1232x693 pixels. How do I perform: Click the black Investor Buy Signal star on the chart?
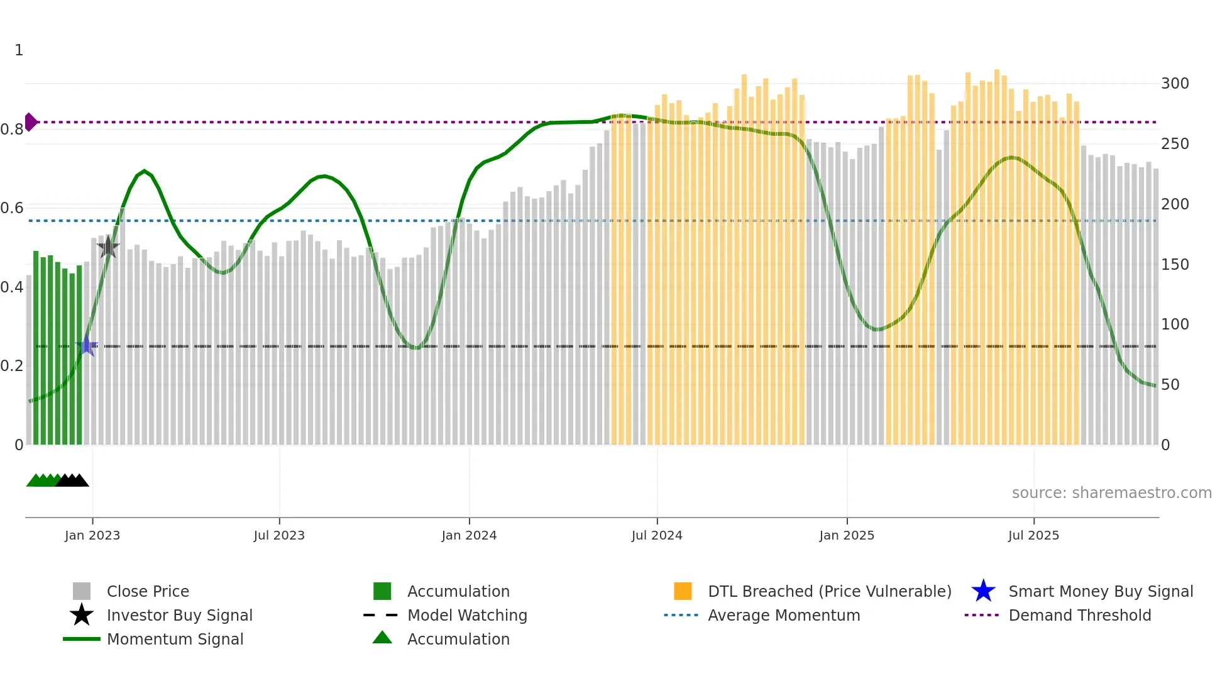point(108,247)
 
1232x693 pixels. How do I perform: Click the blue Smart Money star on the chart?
point(87,345)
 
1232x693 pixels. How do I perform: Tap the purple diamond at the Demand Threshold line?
point(30,122)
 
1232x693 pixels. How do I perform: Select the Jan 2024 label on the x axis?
point(469,535)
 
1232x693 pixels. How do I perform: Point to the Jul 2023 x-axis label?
point(279,535)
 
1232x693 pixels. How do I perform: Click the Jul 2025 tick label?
point(1033,535)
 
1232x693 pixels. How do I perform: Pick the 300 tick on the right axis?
point(1175,84)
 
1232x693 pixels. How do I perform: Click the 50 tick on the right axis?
point(1170,384)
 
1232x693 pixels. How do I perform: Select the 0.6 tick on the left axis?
point(12,208)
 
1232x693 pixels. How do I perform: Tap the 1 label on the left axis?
point(19,50)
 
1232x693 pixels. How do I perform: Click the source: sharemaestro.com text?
point(1111,492)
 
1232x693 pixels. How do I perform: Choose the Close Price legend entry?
point(148,591)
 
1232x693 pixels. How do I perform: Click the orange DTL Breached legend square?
point(683,591)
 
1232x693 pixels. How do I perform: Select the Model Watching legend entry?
point(467,615)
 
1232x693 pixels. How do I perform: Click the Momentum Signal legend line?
point(82,639)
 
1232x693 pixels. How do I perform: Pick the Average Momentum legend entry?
point(783,615)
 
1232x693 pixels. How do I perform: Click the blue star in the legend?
point(983,591)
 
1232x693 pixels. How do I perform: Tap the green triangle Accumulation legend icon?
point(382,638)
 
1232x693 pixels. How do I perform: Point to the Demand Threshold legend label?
point(1079,615)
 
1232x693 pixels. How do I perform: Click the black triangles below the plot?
point(72,480)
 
